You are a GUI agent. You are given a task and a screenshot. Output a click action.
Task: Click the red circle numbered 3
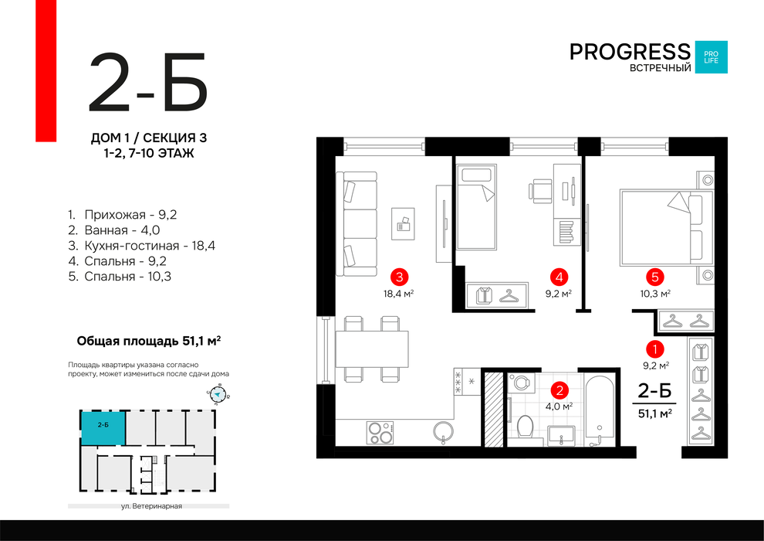click(x=399, y=277)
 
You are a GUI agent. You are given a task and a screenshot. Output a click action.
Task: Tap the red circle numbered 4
click(x=559, y=277)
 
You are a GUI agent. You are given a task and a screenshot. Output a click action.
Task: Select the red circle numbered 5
click(x=655, y=277)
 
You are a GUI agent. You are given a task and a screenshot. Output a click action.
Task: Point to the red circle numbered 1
click(x=655, y=349)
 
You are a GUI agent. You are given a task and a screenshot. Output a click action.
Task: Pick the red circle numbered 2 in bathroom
click(x=559, y=390)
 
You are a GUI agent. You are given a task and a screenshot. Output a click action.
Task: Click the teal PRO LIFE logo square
click(x=711, y=57)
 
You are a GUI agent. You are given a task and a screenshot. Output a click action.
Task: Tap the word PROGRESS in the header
click(x=630, y=52)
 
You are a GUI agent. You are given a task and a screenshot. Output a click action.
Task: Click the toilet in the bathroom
click(x=525, y=427)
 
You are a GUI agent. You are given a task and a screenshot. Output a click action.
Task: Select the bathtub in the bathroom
click(x=600, y=410)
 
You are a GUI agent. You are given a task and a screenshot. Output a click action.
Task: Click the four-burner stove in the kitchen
click(x=380, y=433)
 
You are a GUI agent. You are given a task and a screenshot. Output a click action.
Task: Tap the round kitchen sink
click(x=444, y=433)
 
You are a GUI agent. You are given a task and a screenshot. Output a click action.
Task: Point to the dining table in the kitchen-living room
click(x=372, y=349)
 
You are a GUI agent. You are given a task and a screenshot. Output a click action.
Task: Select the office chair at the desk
click(x=540, y=191)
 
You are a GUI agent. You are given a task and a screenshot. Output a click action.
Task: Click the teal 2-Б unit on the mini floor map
click(x=103, y=428)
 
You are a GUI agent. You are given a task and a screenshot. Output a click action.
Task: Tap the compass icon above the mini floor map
click(x=218, y=395)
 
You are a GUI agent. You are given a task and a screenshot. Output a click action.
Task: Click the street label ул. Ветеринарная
click(x=151, y=506)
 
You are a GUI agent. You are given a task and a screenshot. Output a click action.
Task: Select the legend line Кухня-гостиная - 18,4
click(x=142, y=245)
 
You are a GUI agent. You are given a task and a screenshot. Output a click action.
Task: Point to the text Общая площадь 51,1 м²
click(x=149, y=341)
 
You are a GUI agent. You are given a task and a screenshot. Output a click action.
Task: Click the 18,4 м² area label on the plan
click(x=398, y=294)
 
